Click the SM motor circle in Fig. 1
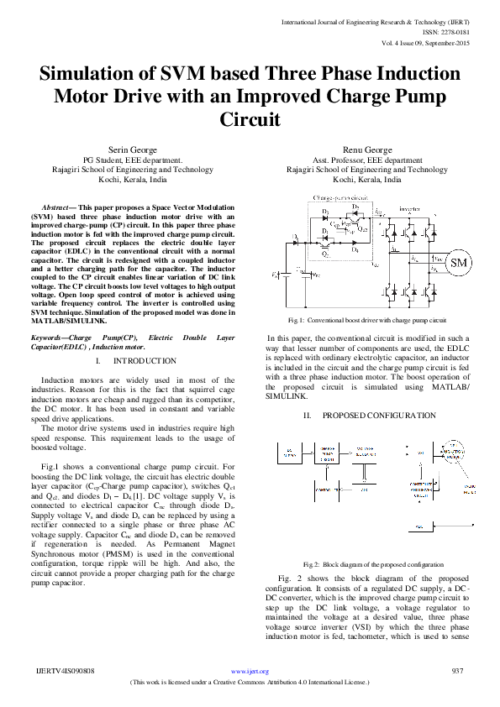tap(459, 264)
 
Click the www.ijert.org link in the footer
tap(250, 672)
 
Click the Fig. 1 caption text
tap(366, 321)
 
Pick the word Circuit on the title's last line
tap(250, 119)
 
